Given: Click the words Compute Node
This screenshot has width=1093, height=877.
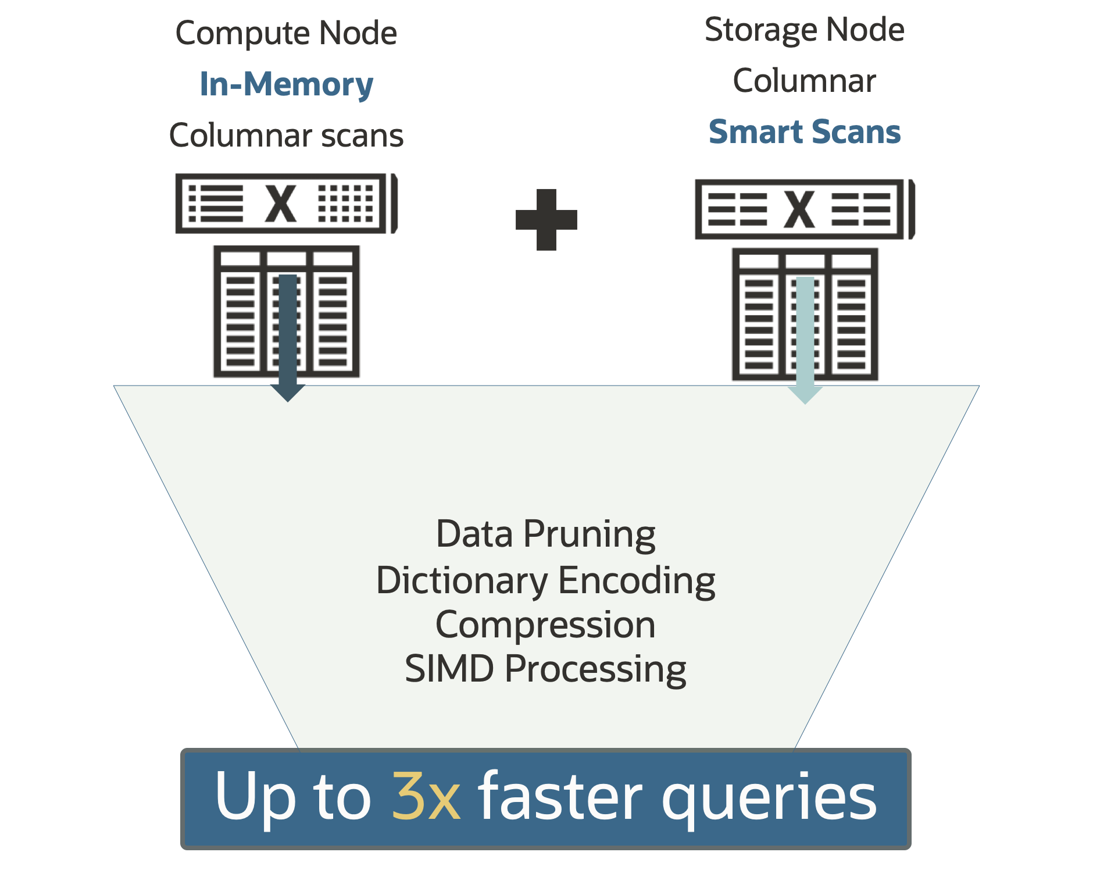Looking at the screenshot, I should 286,33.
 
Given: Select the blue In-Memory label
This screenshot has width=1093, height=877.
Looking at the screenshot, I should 286,84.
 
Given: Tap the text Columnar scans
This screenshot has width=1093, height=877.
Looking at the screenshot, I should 286,136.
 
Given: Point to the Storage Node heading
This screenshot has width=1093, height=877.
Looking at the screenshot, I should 804,30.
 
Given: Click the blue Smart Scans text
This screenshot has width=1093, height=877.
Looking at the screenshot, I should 804,132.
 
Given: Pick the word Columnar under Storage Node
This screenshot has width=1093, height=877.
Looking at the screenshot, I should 804,81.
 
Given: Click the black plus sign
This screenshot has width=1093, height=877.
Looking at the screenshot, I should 546,220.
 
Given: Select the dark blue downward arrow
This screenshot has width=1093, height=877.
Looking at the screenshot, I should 288,337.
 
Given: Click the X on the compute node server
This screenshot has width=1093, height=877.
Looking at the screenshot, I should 281,204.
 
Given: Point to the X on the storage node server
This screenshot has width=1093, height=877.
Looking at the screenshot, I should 799,209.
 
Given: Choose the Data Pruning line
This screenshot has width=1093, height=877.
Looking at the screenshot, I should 545,534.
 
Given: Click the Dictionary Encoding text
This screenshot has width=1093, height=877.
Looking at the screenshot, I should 545,580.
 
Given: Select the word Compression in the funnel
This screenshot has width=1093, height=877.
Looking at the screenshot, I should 545,625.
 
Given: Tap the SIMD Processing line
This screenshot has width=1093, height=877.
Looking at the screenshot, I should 545,669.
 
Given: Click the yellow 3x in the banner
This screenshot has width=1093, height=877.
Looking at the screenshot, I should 426,796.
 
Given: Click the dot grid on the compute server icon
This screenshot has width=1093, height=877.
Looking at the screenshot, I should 346,204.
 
